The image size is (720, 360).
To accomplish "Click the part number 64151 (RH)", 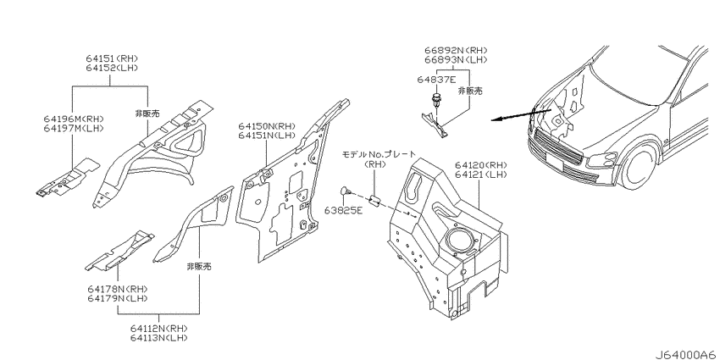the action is coord(112,58).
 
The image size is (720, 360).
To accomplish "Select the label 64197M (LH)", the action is coord(74,128).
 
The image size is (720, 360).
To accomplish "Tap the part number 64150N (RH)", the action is coord(266,126).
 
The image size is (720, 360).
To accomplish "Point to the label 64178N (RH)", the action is coord(118,290).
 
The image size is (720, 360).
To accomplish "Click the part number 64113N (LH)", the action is coord(158,338).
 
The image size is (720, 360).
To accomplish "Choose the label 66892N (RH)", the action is coord(456,51).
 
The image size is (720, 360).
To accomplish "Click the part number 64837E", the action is coord(436,80).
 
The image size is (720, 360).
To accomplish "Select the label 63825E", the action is coord(343,211).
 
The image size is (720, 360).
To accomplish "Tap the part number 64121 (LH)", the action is coord(480,174).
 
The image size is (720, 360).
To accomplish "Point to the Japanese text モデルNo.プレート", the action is coord(379,154).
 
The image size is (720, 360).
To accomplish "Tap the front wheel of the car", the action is coord(639,165).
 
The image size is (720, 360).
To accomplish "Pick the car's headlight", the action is coord(602,159).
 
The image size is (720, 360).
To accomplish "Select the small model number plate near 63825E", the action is coord(374,201).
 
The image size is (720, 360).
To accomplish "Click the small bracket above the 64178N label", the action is coord(119,251).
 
